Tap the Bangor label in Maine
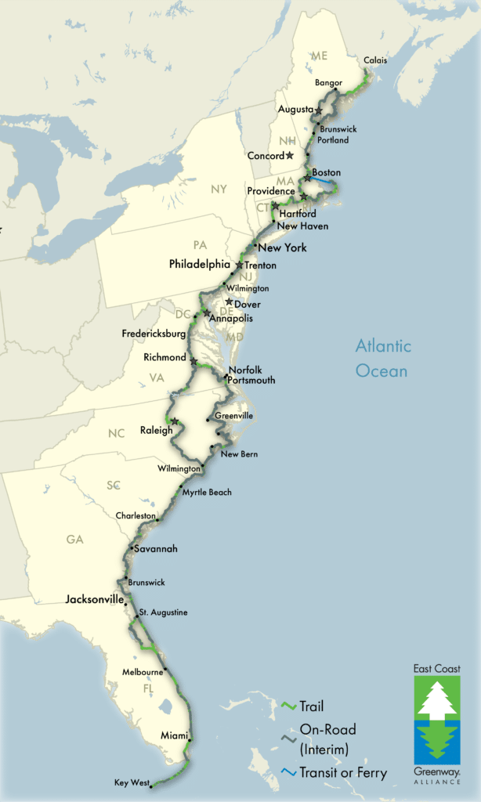pos(328,82)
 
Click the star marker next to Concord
pos(290,155)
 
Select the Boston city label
pos(326,172)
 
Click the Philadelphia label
pos(200,265)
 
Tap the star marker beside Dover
pos(229,302)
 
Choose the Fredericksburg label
pos(154,334)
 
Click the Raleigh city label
pos(156,430)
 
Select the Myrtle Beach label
pos(207,493)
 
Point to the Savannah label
pos(156,549)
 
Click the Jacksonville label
pos(95,599)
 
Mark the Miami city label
pos(173,735)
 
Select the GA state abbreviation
pos(75,540)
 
